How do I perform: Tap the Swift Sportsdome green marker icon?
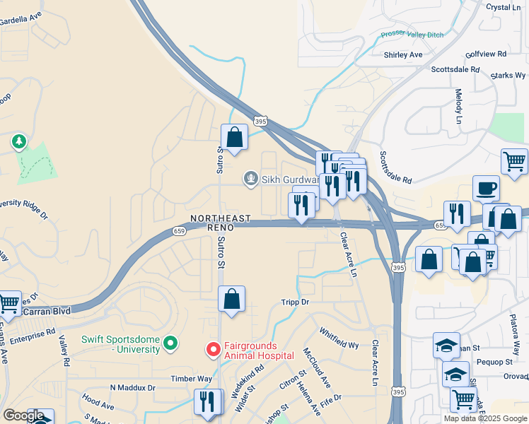[170, 344]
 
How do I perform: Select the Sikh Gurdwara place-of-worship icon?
[250, 179]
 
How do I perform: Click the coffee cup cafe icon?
[486, 188]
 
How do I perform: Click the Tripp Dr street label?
[296, 302]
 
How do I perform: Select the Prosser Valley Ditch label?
[412, 33]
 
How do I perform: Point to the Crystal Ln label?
[503, 7]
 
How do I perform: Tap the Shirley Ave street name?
[402, 54]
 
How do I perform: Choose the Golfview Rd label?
[487, 54]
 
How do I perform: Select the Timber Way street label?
[191, 379]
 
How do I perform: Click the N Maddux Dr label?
[132, 388]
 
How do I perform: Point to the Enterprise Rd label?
[28, 332]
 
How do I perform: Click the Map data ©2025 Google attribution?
[485, 418]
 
